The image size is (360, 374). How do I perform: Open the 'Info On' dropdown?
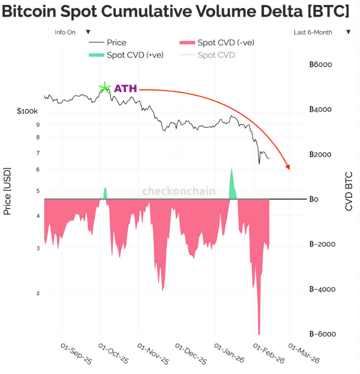[71, 32]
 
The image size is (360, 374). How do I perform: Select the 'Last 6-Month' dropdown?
[322, 32]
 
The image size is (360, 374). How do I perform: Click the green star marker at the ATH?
[104, 89]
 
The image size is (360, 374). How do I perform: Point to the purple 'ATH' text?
[126, 89]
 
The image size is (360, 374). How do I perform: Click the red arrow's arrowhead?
[288, 167]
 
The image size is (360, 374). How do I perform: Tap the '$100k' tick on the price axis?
[27, 112]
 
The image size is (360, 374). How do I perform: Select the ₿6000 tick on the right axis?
[321, 64]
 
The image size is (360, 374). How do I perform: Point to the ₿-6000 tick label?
[322, 334]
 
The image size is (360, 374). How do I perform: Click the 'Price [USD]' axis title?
[7, 192]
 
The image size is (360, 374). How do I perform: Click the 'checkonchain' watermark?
[178, 191]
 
